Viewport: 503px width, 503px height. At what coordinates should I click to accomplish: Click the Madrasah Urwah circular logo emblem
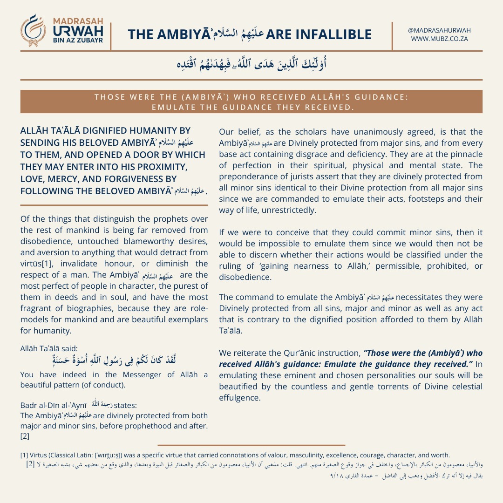(x=34, y=31)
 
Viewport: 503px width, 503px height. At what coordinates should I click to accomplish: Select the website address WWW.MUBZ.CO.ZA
(x=439, y=39)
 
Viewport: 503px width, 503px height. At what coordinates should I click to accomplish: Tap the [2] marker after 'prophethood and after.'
(x=25, y=436)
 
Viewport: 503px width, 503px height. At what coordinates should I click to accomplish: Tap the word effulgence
(x=239, y=398)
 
